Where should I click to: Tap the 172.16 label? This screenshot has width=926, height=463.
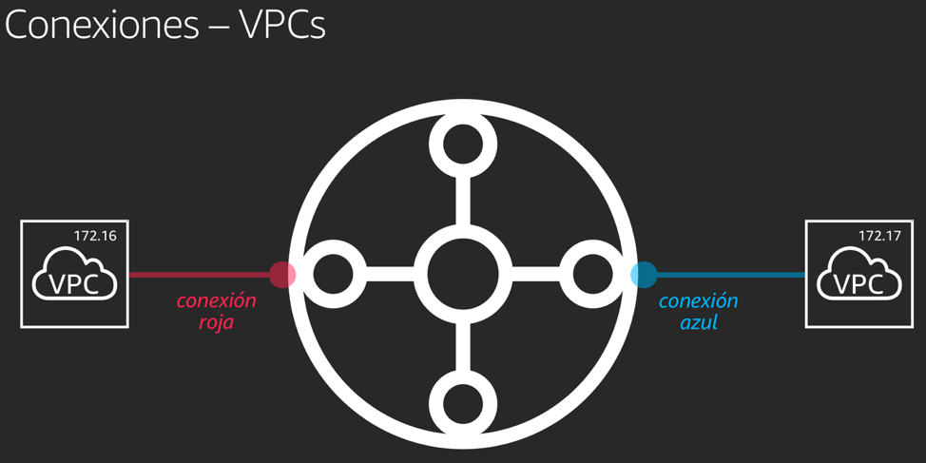(x=95, y=235)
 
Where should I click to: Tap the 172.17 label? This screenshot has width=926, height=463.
(x=879, y=235)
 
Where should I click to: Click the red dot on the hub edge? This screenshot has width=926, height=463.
(x=282, y=275)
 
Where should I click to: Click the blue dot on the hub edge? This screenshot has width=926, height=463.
(x=644, y=275)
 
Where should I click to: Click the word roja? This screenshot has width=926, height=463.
(x=216, y=322)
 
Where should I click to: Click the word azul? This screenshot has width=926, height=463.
(x=699, y=322)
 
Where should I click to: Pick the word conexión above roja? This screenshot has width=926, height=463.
(x=216, y=300)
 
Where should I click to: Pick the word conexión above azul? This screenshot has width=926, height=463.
(x=699, y=300)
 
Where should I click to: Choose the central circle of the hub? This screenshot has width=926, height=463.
(x=463, y=274)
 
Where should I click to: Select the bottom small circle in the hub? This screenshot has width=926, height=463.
(x=463, y=404)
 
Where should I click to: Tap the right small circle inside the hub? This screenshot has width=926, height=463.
(x=593, y=274)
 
